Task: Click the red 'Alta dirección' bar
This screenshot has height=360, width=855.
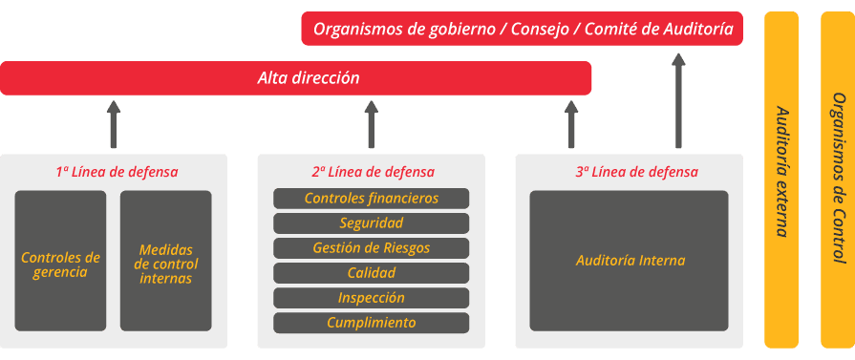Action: point(295,78)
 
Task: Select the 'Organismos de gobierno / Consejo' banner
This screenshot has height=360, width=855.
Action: point(523,29)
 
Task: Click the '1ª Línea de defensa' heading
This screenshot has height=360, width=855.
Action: point(117,172)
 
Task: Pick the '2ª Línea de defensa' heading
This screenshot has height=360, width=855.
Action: point(373,172)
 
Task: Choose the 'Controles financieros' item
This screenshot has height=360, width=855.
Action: point(372,199)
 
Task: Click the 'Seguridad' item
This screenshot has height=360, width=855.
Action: point(372,223)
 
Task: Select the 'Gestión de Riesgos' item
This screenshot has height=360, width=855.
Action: point(372,248)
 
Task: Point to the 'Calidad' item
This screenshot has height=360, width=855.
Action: point(372,273)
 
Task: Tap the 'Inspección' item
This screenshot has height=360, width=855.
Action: point(372,298)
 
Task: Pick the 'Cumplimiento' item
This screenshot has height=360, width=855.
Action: point(372,323)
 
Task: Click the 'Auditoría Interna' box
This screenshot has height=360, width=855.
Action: point(630,260)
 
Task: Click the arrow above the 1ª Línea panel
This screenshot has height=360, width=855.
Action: point(114,124)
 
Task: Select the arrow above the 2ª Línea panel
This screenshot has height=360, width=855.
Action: point(372,124)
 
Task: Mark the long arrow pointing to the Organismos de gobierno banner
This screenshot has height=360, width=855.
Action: point(678,100)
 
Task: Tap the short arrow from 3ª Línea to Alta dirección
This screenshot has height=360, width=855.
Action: point(571,124)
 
